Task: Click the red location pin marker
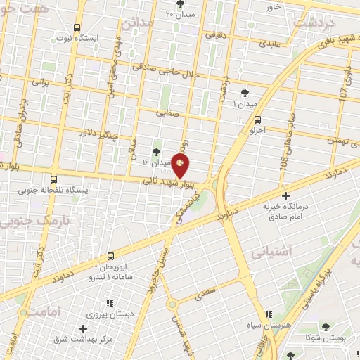[x=181, y=165]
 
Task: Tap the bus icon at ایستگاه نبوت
[x=77, y=27]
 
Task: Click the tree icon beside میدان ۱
[x=245, y=93]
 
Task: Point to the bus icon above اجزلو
[x=258, y=120]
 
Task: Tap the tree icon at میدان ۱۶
[x=157, y=152]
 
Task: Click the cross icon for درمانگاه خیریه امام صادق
[x=285, y=195]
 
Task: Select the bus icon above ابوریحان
[x=111, y=257]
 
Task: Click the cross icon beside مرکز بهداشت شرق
[x=83, y=328]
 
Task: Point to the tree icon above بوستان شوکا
[x=325, y=327]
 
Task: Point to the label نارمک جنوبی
[x=22, y=223]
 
